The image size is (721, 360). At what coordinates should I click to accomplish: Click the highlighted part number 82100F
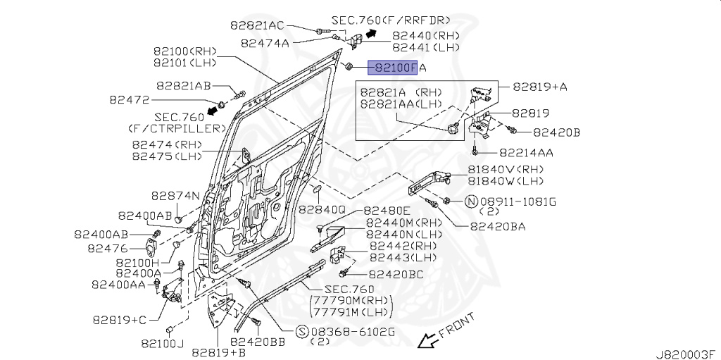click(395, 68)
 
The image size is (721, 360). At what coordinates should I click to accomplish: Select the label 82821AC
click(257, 25)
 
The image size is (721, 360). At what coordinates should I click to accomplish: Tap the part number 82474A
click(265, 42)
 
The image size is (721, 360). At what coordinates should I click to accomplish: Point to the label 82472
click(130, 100)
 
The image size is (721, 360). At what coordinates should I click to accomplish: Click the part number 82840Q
click(322, 209)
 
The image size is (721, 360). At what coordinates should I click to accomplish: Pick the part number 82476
click(108, 248)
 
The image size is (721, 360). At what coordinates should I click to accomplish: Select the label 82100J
click(162, 343)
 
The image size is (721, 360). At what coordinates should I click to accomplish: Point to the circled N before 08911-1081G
click(470, 201)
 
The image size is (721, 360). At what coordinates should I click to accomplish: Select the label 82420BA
click(497, 226)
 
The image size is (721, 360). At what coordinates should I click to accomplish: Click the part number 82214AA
click(526, 151)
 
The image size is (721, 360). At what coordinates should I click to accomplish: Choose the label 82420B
click(556, 132)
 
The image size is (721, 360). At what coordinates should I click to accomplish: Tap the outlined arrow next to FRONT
click(425, 341)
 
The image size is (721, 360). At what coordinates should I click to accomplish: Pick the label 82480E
click(386, 211)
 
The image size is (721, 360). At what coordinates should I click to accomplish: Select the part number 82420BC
click(396, 274)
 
